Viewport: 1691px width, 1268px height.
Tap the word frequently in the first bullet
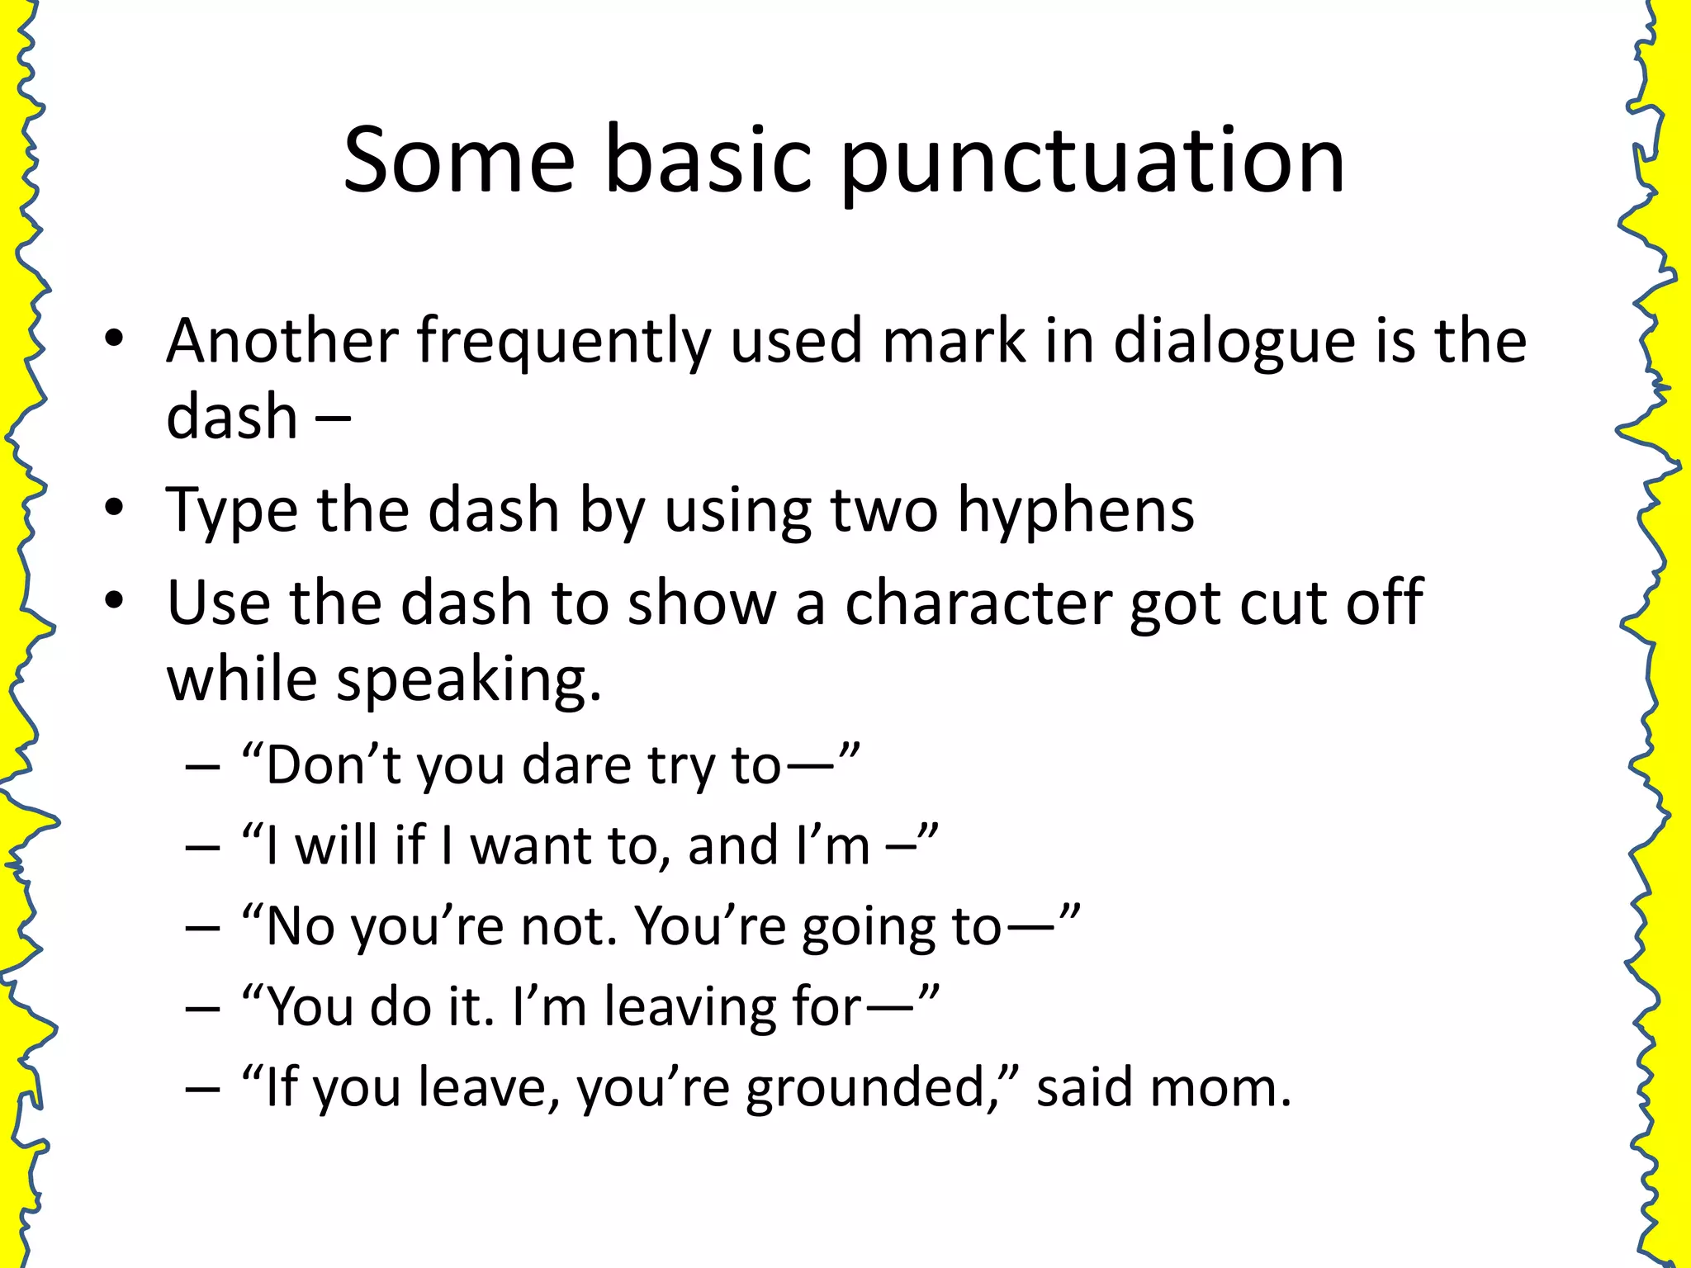pyautogui.click(x=563, y=342)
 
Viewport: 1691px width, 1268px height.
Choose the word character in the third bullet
pyautogui.click(x=978, y=603)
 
